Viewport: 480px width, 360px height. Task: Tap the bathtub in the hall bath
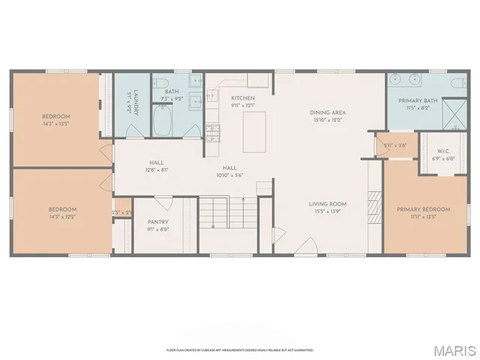[162, 121]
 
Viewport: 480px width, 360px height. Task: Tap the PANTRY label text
[158, 222]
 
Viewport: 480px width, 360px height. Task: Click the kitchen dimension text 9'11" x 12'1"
[243, 106]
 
